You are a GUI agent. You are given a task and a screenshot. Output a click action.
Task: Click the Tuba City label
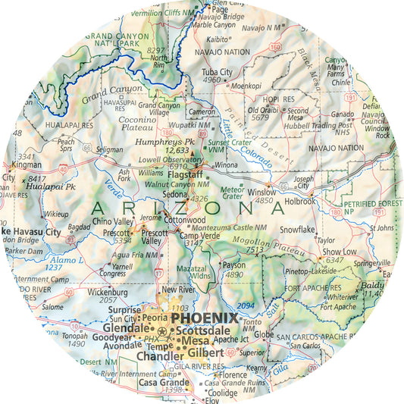pyautogui.click(x=215, y=72)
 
